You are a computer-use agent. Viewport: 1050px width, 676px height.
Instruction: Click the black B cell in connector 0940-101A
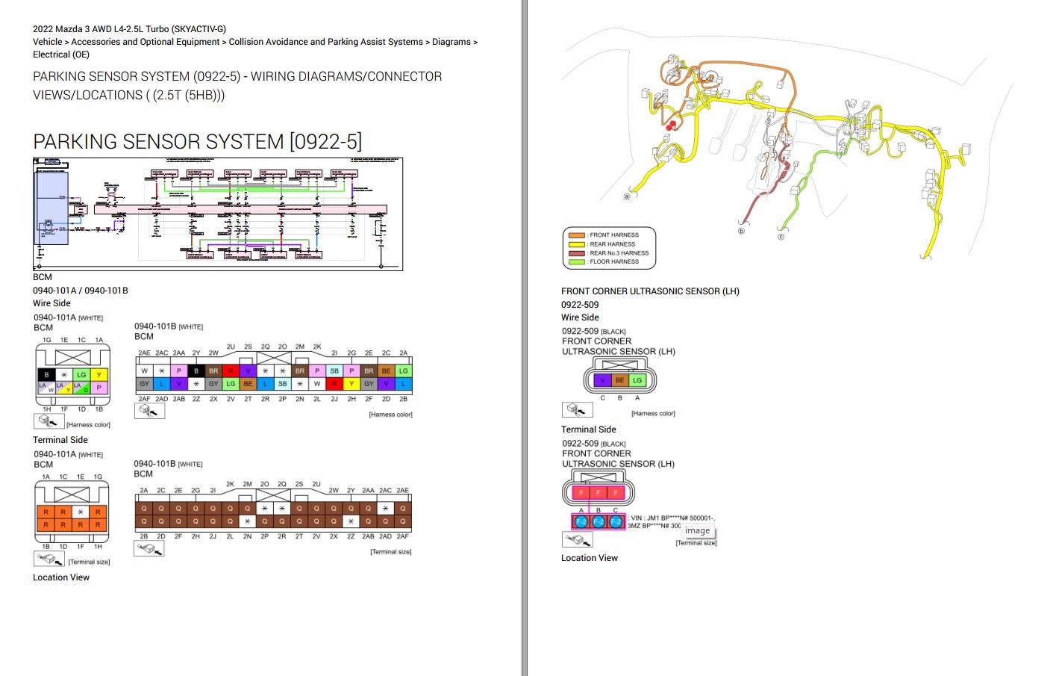[x=46, y=374]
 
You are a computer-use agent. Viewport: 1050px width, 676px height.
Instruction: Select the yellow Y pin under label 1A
[x=99, y=374]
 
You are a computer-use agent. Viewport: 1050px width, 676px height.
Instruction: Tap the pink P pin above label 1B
[x=99, y=388]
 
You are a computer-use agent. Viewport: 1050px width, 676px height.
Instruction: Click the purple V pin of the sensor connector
[x=602, y=380]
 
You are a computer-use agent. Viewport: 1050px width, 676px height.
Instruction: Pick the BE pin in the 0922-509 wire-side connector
[x=619, y=380]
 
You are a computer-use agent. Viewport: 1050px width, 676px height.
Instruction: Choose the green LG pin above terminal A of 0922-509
[x=637, y=380]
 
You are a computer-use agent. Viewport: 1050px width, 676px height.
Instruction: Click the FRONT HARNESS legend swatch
[x=576, y=235]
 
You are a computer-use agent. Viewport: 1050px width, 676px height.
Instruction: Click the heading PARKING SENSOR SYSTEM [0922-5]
[x=197, y=141]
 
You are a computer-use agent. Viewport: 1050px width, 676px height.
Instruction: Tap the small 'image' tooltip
[x=697, y=530]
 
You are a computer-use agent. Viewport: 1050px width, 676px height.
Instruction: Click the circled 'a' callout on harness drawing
[x=627, y=196]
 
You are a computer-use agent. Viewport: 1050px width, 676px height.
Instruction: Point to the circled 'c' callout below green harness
[x=781, y=237]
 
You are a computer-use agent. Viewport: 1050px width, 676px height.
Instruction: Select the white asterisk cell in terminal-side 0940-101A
[x=81, y=512]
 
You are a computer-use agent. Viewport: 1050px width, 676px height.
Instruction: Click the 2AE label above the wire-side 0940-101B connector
[x=144, y=353]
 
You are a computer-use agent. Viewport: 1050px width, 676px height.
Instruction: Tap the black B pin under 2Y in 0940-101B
[x=196, y=370]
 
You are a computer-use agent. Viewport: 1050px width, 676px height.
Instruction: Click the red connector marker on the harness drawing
[x=671, y=125]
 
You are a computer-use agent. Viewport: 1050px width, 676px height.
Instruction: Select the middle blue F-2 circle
[x=599, y=522]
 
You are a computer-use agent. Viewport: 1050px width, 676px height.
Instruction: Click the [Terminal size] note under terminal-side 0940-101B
[x=390, y=552]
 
